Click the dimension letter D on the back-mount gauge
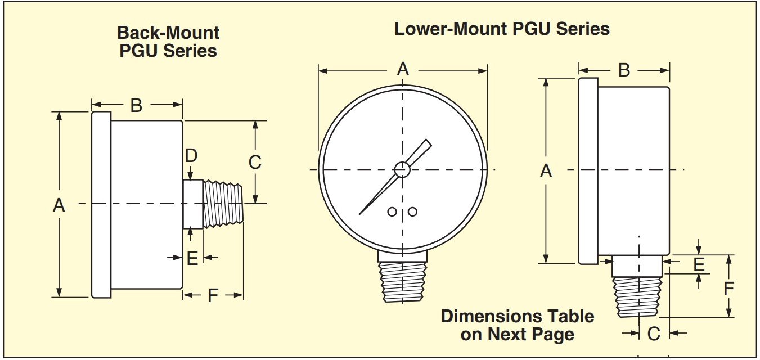pyautogui.click(x=191, y=156)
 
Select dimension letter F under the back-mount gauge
pyautogui.click(x=213, y=295)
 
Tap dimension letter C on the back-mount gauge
pyautogui.click(x=255, y=162)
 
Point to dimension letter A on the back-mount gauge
pyautogui.click(x=59, y=206)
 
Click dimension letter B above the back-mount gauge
pyautogui.click(x=136, y=105)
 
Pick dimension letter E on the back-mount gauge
pyautogui.click(x=192, y=258)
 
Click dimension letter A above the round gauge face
pyautogui.click(x=403, y=70)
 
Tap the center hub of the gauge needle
pyautogui.click(x=402, y=169)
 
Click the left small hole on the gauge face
pyautogui.click(x=392, y=211)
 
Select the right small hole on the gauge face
pyautogui.click(x=412, y=211)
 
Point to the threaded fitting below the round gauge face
pyautogui.click(x=402, y=281)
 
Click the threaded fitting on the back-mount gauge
pyautogui.click(x=223, y=203)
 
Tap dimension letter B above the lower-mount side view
pyautogui.click(x=624, y=70)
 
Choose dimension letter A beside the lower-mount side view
pyautogui.click(x=546, y=171)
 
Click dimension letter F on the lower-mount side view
pyautogui.click(x=728, y=289)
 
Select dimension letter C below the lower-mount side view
pyautogui.click(x=653, y=334)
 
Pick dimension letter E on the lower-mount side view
pyautogui.click(x=699, y=264)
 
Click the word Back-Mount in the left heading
pyautogui.click(x=168, y=32)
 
